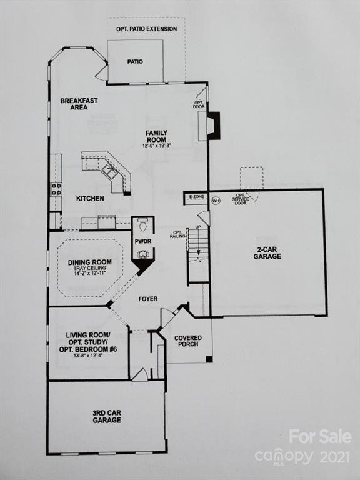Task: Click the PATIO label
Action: click(135, 62)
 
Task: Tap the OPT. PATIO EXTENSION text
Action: click(146, 29)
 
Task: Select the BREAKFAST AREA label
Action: click(79, 104)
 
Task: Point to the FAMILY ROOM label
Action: click(156, 136)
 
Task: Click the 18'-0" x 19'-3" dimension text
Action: click(156, 146)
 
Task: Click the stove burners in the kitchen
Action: click(56, 189)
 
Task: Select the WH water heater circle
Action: click(216, 201)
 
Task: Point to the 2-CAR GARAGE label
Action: click(267, 252)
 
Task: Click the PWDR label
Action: click(143, 241)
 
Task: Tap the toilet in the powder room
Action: click(142, 224)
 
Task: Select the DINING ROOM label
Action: click(90, 262)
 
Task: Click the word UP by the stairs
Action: click(199, 227)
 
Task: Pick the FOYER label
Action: click(148, 299)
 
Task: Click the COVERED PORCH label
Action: click(188, 342)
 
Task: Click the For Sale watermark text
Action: click(320, 437)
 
